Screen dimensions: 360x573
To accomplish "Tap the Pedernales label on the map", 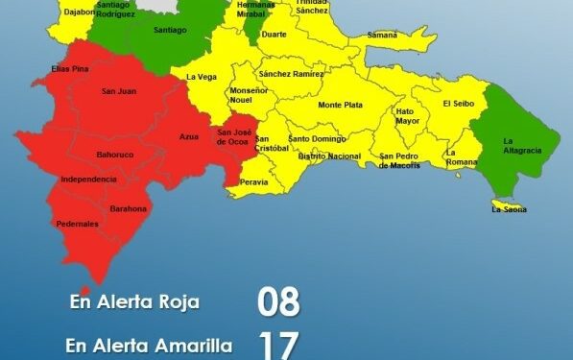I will (x=77, y=224).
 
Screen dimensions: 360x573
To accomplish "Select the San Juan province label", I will (x=117, y=92).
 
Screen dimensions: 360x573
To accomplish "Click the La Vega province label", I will (x=201, y=77).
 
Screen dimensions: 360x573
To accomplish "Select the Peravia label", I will (x=254, y=181).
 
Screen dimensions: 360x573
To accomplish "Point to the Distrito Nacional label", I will (x=329, y=156).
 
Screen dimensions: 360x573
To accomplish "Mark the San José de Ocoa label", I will (x=236, y=137).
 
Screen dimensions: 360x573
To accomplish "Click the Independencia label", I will (x=88, y=180).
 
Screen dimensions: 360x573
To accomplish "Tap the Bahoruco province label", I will (x=114, y=155).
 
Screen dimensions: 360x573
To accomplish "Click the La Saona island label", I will (x=509, y=208).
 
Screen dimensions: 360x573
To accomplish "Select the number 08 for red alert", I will (x=278, y=302).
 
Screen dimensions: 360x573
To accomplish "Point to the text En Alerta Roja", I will (x=134, y=302).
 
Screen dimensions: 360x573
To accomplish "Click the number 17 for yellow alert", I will (x=278, y=344).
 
